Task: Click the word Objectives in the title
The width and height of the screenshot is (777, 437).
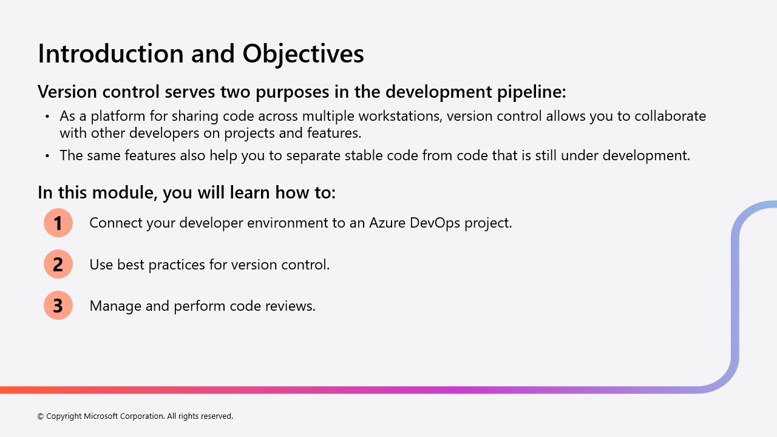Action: click(303, 53)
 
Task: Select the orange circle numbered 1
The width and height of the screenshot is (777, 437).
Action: click(58, 223)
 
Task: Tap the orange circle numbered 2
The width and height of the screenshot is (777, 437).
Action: click(58, 264)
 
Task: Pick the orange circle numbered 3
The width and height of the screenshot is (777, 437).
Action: click(58, 305)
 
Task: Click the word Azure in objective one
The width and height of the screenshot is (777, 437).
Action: click(387, 223)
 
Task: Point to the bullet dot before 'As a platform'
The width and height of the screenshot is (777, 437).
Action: click(47, 117)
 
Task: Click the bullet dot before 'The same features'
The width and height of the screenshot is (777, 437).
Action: click(47, 156)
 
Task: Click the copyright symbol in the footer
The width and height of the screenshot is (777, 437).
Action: click(41, 416)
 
